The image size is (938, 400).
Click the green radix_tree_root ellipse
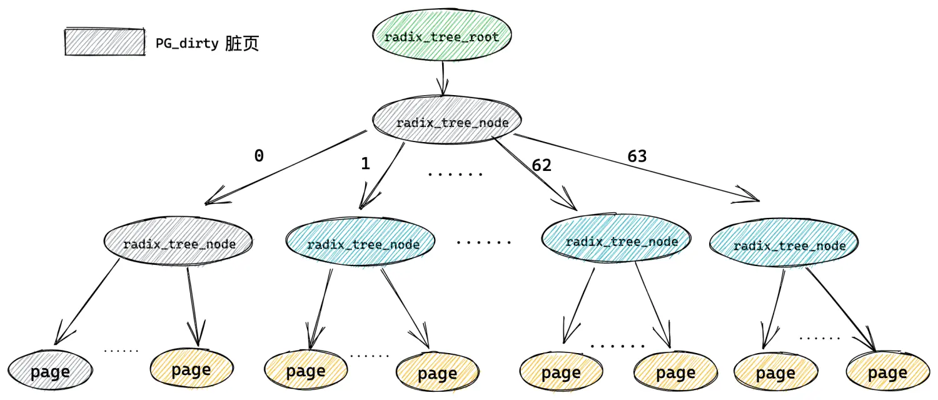441,35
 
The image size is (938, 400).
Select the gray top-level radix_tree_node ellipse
447,120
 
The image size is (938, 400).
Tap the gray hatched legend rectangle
104,41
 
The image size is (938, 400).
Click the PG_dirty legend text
207,43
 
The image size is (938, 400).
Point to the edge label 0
260,156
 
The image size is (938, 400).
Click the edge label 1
366,163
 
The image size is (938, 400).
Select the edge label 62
542,165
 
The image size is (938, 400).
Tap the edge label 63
637,156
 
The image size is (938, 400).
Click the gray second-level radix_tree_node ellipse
178,241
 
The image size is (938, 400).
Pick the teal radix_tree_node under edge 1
361,242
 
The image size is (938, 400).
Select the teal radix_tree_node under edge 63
784,242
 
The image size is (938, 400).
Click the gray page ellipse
50,370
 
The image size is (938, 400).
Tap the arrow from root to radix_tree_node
443,78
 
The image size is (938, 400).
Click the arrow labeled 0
286,168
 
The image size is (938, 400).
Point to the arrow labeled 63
637,168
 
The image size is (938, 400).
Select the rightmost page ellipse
888,371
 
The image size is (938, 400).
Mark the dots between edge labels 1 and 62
455,173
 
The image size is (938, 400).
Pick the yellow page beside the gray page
192,368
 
